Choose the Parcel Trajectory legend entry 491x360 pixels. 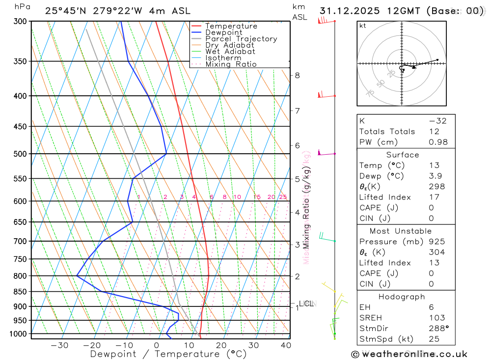[241, 39]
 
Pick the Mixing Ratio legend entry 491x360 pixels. [231, 64]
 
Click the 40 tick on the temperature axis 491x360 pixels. [285, 345]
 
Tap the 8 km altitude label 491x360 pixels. [297, 75]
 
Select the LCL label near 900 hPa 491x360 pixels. [306, 304]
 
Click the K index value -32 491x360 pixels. [437, 121]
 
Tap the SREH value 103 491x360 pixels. [436, 318]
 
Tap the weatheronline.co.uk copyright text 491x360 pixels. [409, 354]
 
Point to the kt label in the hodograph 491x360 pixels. [363, 26]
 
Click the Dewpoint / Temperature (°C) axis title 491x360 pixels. [168, 354]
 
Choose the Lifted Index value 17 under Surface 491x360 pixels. [434, 197]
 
